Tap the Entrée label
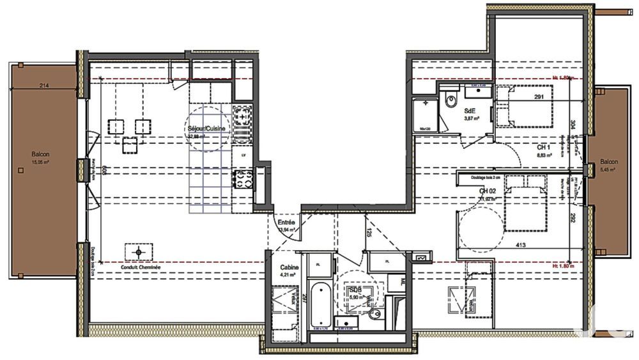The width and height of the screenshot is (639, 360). click(x=286, y=223)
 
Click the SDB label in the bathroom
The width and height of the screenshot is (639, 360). click(x=355, y=290)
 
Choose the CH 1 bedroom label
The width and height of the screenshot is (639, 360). click(x=544, y=146)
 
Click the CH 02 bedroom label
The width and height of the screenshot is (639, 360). click(x=488, y=191)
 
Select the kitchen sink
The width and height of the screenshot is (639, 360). click(x=243, y=178)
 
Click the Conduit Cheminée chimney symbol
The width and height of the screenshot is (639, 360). click(x=139, y=252)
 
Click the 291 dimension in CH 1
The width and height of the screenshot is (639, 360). click(x=538, y=97)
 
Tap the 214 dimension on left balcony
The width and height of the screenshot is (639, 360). click(x=44, y=86)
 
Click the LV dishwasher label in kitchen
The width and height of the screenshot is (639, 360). click(x=243, y=155)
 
